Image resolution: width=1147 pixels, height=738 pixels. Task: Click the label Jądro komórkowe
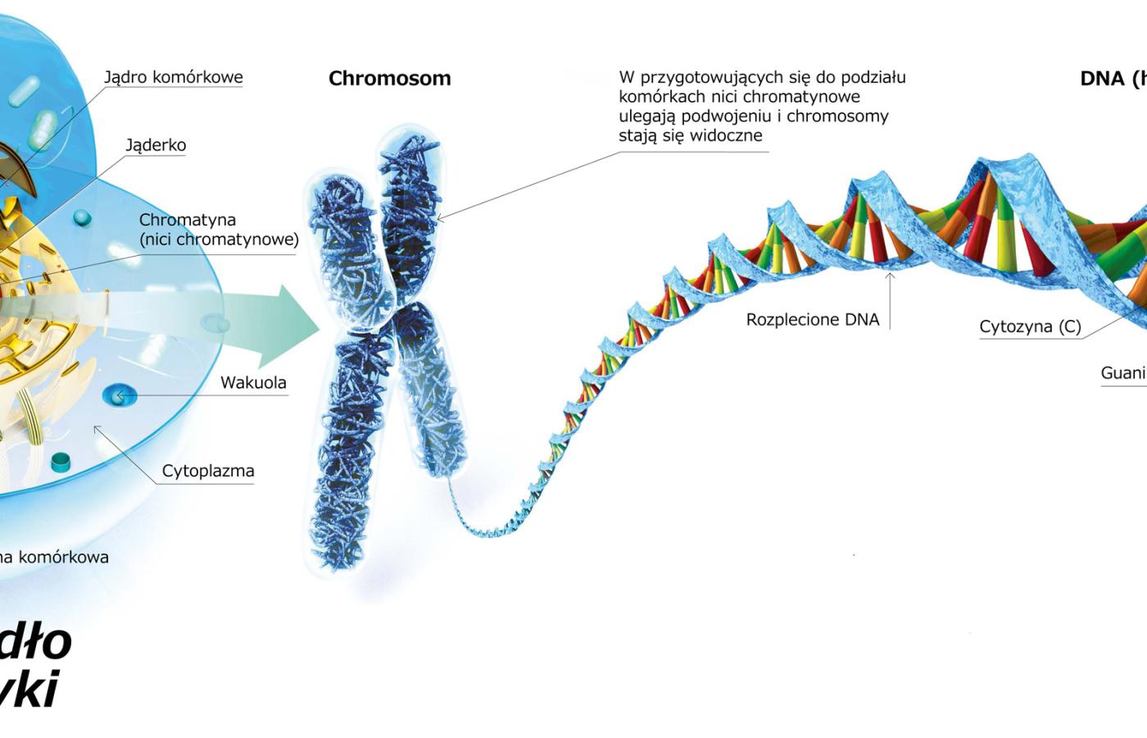(173, 77)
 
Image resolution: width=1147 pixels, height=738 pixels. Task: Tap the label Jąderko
(156, 145)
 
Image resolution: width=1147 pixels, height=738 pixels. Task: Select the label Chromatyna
(188, 220)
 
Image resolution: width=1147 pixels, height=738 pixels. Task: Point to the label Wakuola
(253, 382)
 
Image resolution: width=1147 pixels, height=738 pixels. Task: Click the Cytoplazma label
(208, 471)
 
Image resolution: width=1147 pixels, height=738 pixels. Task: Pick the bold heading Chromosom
(389, 78)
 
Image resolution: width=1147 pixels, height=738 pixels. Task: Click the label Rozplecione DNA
(812, 320)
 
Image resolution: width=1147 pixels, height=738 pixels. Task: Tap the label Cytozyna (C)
(1030, 327)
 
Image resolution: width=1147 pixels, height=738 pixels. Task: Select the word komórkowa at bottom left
(64, 557)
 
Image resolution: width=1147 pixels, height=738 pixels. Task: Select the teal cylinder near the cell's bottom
(61, 462)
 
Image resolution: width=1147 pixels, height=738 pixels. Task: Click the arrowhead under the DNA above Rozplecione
(890, 276)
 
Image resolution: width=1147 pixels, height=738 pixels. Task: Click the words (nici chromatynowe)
(219, 239)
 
